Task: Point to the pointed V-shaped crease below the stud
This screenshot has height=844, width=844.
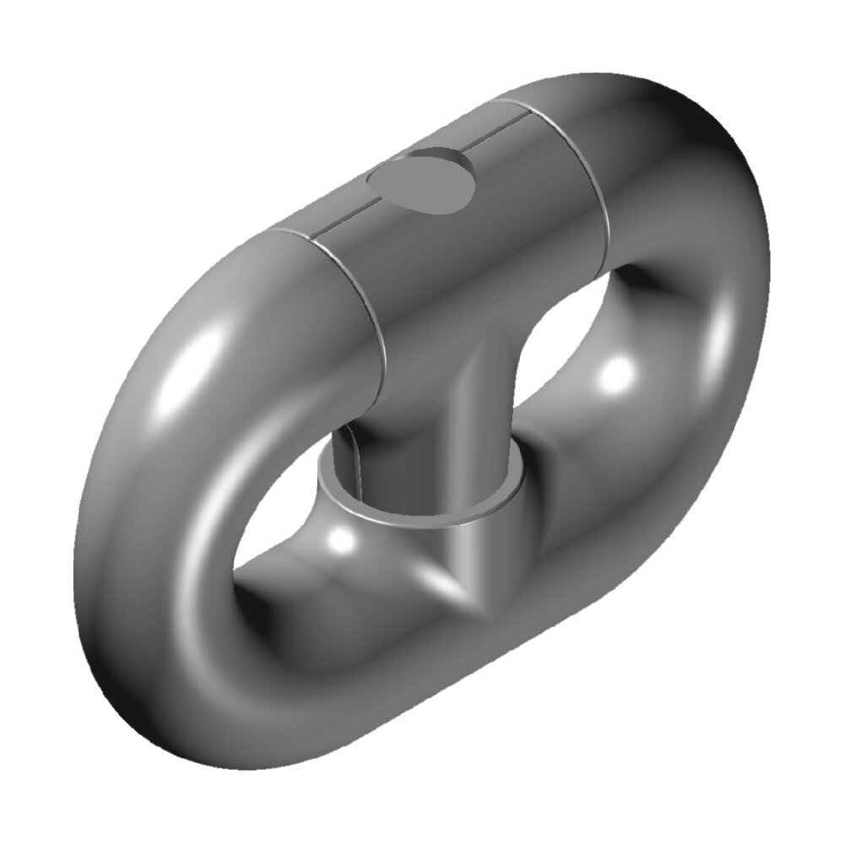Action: [x=460, y=591]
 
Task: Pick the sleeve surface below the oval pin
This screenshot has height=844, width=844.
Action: [x=447, y=253]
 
